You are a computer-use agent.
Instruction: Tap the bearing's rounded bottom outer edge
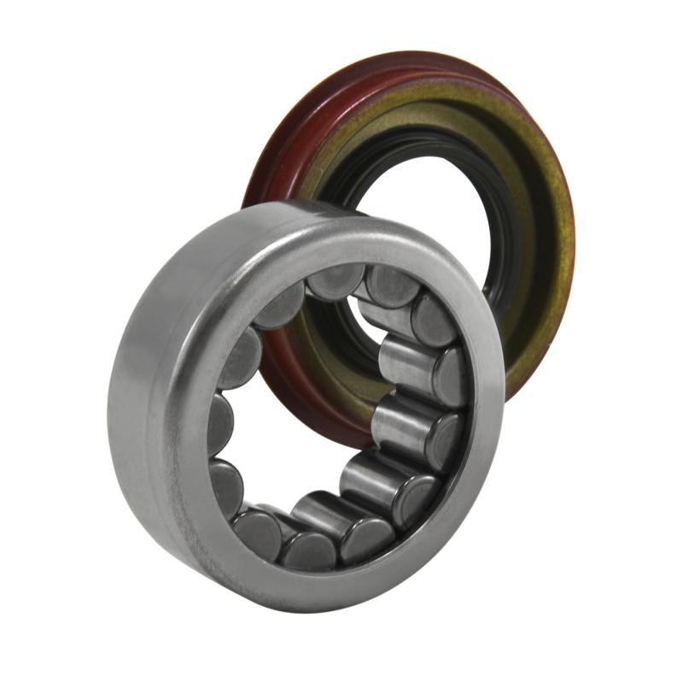[282, 598]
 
